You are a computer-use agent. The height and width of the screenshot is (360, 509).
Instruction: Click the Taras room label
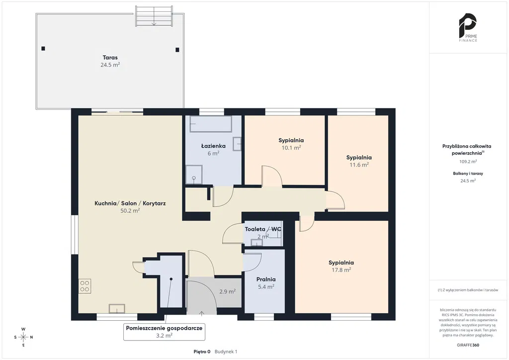pyautogui.click(x=110, y=58)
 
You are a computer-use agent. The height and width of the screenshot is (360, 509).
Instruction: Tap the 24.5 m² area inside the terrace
pyautogui.click(x=110, y=65)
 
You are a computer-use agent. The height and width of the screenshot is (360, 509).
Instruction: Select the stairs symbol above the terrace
pyautogui.click(x=154, y=16)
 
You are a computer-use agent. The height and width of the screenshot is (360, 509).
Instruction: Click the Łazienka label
pyautogui.click(x=213, y=146)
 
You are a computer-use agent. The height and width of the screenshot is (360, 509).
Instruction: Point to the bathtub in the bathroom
pyautogui.click(x=211, y=124)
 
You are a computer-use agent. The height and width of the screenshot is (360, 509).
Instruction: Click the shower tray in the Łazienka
pyautogui.click(x=194, y=175)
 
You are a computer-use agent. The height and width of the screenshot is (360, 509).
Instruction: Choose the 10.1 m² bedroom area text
pyautogui.click(x=291, y=148)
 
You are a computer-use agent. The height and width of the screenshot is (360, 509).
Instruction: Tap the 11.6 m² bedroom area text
pyautogui.click(x=359, y=165)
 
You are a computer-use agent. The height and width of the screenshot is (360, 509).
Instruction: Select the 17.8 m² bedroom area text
pyautogui.click(x=341, y=270)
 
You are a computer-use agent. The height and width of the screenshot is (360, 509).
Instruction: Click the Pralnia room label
pyautogui.click(x=266, y=279)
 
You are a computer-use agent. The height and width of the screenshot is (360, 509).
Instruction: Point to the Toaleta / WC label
pyautogui.click(x=263, y=229)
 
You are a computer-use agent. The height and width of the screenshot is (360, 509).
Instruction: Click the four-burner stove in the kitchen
pyautogui.click(x=85, y=286)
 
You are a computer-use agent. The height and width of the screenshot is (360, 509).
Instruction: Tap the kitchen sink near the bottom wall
pyautogui.click(x=117, y=308)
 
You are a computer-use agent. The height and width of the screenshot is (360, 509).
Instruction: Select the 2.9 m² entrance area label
pyautogui.click(x=227, y=291)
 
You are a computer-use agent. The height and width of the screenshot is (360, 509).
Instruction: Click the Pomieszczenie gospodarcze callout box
pyautogui.click(x=164, y=332)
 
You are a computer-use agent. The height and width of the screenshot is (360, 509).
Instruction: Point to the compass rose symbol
pyautogui.click(x=23, y=337)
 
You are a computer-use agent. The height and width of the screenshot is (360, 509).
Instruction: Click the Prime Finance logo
pyautogui.click(x=468, y=27)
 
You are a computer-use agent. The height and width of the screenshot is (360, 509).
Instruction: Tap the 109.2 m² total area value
pyautogui.click(x=468, y=161)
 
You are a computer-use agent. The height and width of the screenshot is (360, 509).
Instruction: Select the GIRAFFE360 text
pyautogui.click(x=468, y=345)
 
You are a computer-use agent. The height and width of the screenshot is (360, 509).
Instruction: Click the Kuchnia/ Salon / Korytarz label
pyautogui.click(x=130, y=203)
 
